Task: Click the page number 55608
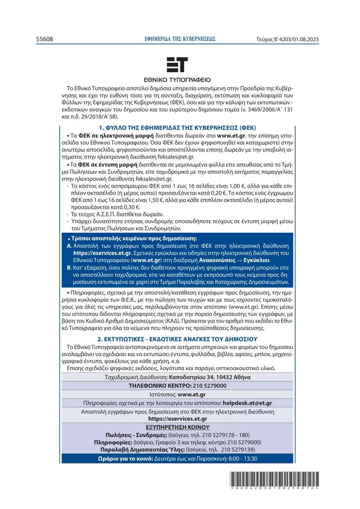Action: click(44, 39)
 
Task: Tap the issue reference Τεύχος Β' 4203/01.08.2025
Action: click(287, 39)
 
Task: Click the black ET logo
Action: click(177, 65)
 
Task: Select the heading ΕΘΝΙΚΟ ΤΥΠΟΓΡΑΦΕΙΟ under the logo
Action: click(177, 80)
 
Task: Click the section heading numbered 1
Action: click(177, 128)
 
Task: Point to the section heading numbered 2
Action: click(177, 339)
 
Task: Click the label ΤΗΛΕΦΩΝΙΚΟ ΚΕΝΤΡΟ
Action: click(160, 386)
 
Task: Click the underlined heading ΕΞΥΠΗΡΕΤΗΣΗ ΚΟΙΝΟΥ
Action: click(177, 427)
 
